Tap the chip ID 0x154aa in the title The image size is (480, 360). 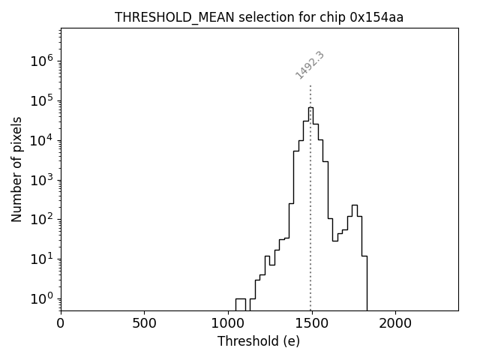click(x=376, y=17)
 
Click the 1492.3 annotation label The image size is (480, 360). click(x=310, y=65)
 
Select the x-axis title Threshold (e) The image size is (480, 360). click(x=259, y=341)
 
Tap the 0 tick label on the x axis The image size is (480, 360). click(x=61, y=323)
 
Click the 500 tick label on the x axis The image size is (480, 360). click(x=144, y=323)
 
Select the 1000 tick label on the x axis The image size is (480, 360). click(x=228, y=323)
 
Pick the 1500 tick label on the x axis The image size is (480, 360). click(x=311, y=323)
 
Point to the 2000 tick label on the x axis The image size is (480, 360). click(x=395, y=323)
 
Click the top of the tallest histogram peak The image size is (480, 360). click(x=310, y=107)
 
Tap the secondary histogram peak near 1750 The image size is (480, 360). click(x=355, y=205)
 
